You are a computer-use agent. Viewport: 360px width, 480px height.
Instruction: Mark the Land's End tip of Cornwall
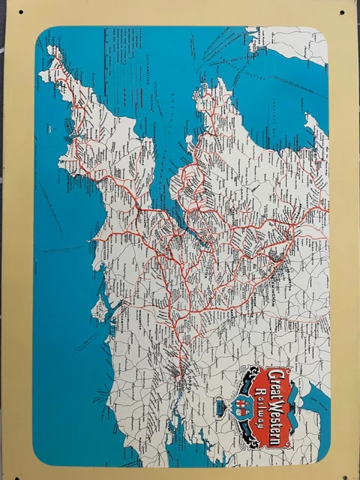[x=51, y=51]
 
